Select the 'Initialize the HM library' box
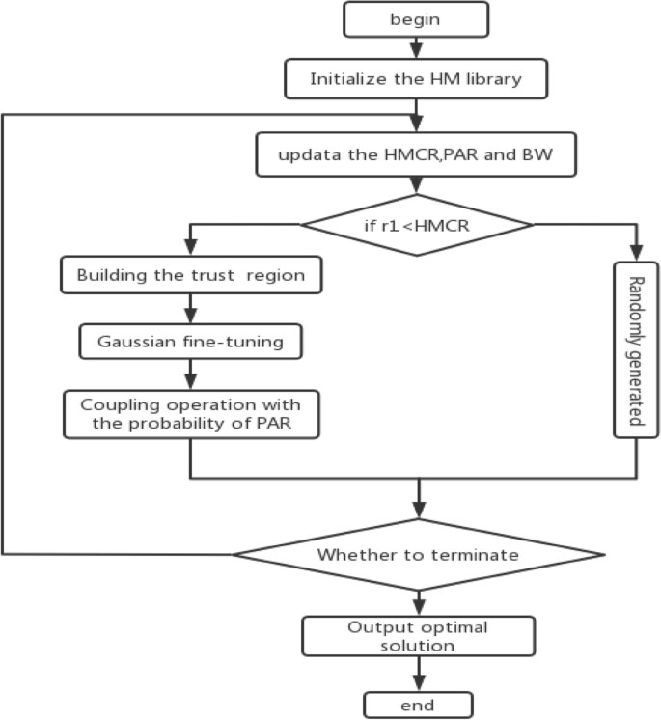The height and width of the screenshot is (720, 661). (x=417, y=79)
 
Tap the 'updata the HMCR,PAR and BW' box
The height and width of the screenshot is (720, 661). (x=417, y=155)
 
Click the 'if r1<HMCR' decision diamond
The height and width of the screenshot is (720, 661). (x=417, y=226)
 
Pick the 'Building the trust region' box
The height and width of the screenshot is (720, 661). (x=190, y=275)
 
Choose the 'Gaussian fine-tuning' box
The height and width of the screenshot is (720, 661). (x=190, y=340)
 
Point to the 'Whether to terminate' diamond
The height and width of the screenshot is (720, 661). (x=418, y=555)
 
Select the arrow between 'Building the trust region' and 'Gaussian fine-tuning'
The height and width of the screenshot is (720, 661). (x=190, y=308)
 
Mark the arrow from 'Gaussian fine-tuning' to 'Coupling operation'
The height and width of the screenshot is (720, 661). (x=190, y=373)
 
